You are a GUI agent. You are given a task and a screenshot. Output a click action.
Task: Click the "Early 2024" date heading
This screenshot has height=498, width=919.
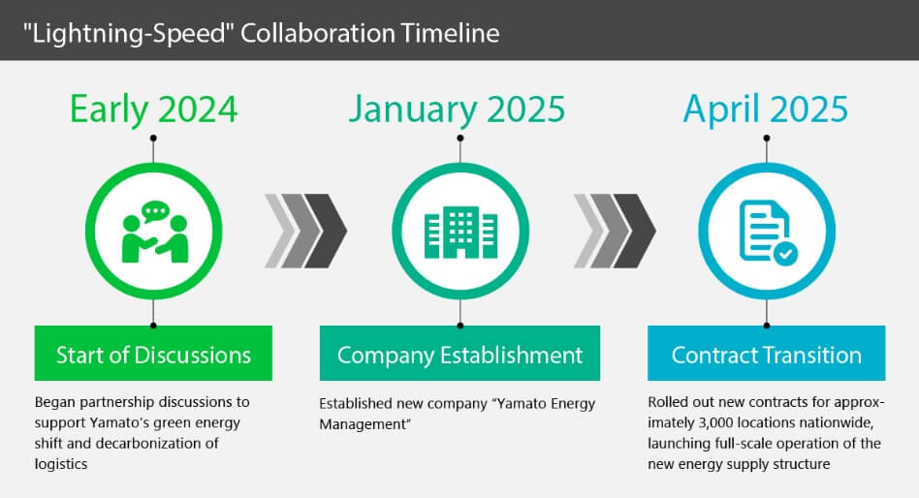tap(153, 109)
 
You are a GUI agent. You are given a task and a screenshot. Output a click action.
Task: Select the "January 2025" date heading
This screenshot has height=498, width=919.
tap(458, 109)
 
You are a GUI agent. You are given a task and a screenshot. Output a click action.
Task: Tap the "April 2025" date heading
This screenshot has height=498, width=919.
tap(766, 109)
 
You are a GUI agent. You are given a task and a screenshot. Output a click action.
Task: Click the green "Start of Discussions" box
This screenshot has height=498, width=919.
tap(153, 354)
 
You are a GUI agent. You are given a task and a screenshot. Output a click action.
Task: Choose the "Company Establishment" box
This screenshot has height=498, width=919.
tap(460, 354)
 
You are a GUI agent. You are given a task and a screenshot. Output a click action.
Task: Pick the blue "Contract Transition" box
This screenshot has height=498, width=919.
tap(767, 354)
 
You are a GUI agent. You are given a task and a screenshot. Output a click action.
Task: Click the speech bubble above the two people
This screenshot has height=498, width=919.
tap(155, 211)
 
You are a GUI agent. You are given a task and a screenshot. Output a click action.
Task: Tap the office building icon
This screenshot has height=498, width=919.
tap(460, 232)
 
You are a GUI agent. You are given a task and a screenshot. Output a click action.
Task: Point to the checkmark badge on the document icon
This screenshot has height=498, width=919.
tap(785, 254)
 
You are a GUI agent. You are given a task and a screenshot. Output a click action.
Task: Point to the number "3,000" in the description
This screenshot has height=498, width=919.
tap(715, 423)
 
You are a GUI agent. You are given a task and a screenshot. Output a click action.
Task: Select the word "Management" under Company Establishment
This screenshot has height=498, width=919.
tap(363, 424)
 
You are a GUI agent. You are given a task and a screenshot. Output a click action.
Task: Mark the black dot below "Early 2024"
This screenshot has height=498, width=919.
tap(153, 139)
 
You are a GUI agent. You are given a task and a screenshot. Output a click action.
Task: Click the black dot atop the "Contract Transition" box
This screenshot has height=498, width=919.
tap(767, 326)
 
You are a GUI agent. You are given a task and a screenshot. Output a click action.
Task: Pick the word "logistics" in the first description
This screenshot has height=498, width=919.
tap(61, 465)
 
